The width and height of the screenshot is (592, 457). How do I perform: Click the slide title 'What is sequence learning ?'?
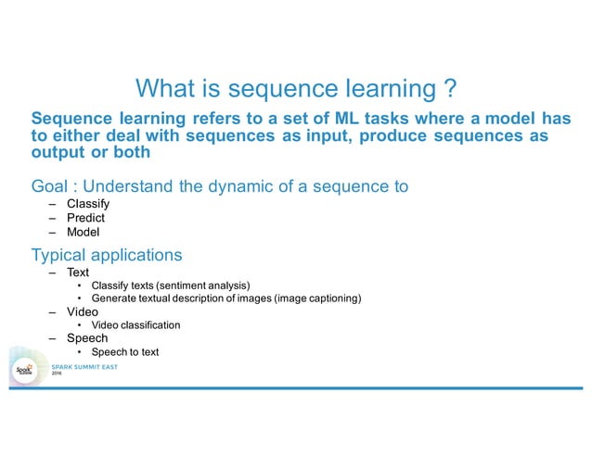[x=295, y=88]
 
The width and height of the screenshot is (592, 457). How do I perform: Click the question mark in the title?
[x=448, y=88]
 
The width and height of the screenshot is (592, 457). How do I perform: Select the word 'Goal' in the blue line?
[x=49, y=186]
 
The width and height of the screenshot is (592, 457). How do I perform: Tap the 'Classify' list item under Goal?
[x=88, y=204]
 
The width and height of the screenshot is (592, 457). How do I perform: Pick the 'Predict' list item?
[x=85, y=218]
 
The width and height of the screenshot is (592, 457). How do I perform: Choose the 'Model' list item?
[x=83, y=233]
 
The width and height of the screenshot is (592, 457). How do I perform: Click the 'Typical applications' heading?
[x=106, y=254]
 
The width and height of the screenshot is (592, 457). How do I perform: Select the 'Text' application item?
[x=78, y=273]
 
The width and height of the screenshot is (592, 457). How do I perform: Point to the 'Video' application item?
[x=83, y=312]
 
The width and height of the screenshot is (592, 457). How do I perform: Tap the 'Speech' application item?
[x=87, y=338]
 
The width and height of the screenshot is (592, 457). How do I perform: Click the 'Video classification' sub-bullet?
[x=135, y=325]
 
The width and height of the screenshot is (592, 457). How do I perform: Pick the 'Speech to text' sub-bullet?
[x=125, y=352]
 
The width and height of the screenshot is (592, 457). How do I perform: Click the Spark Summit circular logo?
[x=25, y=370]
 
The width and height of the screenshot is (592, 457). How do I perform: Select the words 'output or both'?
[x=90, y=153]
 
